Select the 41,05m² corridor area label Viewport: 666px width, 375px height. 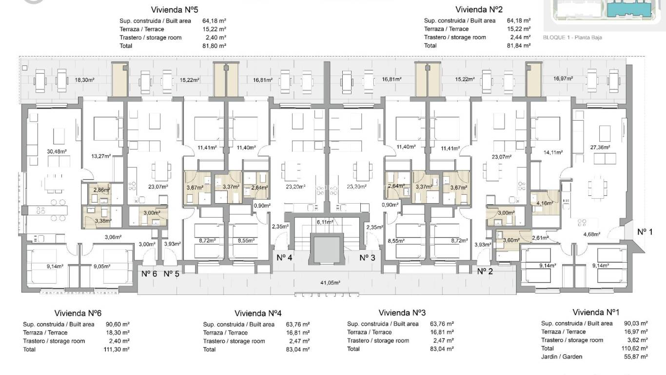pos(330,282)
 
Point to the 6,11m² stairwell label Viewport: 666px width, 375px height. pos(325,222)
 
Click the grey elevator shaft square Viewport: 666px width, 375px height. pos(325,250)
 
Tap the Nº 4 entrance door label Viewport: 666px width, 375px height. pos(284,257)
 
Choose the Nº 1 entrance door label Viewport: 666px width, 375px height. pos(645,231)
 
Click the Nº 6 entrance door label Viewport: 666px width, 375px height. pos(149,273)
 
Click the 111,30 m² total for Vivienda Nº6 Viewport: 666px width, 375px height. pos(118,349)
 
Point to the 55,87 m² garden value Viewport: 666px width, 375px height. pos(636,356)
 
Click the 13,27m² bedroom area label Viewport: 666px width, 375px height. pos(101,156)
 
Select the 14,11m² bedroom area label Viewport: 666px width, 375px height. pos(552,152)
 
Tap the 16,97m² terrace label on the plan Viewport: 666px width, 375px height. pos(564,78)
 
